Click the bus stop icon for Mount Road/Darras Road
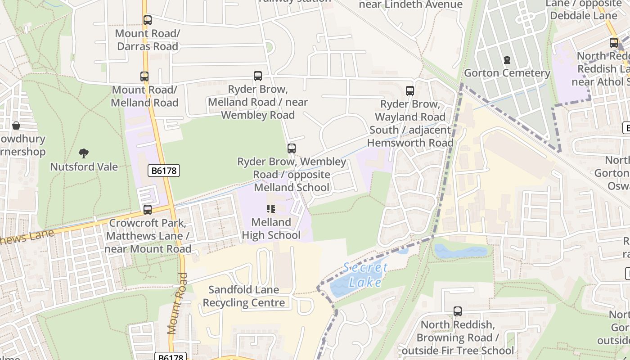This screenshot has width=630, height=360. (x=148, y=20)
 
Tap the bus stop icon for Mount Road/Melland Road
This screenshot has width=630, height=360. (x=144, y=76)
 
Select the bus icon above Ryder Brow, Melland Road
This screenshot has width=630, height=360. (x=258, y=76)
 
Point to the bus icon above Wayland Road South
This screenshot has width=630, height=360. (x=410, y=91)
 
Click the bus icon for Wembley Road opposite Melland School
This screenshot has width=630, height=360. (x=292, y=148)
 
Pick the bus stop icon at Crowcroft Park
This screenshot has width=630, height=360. (x=148, y=210)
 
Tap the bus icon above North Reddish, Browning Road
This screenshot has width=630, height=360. (x=458, y=311)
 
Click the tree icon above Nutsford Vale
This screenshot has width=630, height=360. (x=84, y=153)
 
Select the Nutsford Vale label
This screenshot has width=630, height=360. (x=84, y=167)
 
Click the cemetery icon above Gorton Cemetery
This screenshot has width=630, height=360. (x=507, y=60)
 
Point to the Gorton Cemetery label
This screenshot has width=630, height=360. (x=507, y=73)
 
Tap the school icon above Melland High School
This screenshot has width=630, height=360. (x=271, y=208)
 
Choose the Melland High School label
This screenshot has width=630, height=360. (x=271, y=229)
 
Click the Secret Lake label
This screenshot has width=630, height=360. (x=365, y=275)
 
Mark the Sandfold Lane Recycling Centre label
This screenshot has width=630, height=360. (x=244, y=296)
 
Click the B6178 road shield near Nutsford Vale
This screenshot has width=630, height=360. (x=164, y=171)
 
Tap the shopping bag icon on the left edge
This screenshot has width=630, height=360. (x=16, y=126)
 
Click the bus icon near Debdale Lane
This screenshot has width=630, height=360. (x=614, y=43)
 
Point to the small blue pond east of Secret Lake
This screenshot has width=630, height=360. (x=461, y=251)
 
